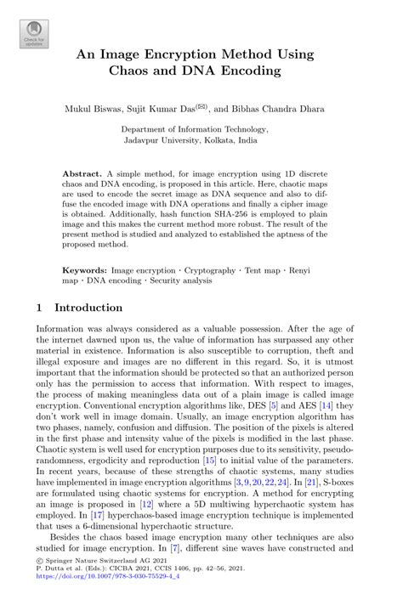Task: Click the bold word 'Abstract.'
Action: click(x=82, y=173)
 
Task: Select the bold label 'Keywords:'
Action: click(x=84, y=269)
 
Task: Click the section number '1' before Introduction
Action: click(x=40, y=308)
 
